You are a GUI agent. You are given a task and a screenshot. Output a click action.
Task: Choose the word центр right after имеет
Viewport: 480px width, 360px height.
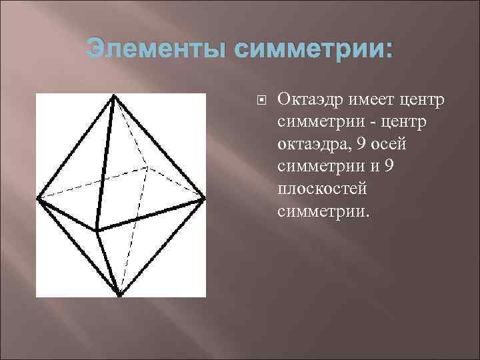click(x=415, y=101)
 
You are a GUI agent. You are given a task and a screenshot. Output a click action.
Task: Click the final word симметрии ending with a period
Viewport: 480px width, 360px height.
click(x=321, y=212)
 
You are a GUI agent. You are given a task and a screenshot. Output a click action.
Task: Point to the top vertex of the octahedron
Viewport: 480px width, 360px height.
click(x=114, y=97)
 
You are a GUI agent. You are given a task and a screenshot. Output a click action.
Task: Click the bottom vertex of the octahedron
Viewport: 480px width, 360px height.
click(x=119, y=294)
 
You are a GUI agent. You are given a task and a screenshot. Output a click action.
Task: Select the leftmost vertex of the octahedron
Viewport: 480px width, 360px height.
click(x=39, y=197)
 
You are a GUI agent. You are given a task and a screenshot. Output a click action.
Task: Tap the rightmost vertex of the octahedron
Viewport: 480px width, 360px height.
click(x=204, y=197)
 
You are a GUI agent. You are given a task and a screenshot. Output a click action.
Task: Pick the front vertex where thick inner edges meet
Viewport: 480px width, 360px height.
click(x=97, y=231)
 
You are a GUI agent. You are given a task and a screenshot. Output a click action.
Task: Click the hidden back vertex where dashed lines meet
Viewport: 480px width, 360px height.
click(x=146, y=166)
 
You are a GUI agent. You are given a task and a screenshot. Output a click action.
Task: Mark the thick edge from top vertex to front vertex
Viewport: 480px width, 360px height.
click(x=105, y=164)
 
